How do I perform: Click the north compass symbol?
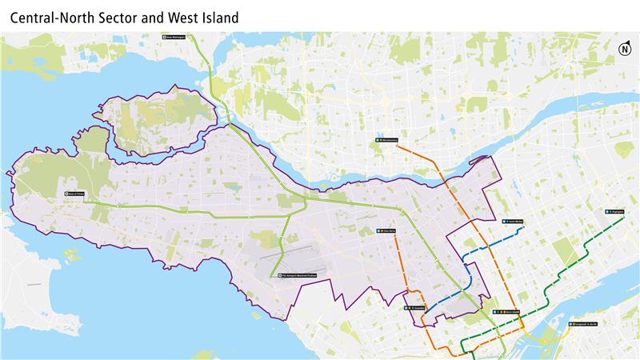[624, 50]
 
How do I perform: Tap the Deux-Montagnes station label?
[174, 37]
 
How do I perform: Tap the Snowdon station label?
[418, 307]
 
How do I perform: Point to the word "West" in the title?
[180, 16]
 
